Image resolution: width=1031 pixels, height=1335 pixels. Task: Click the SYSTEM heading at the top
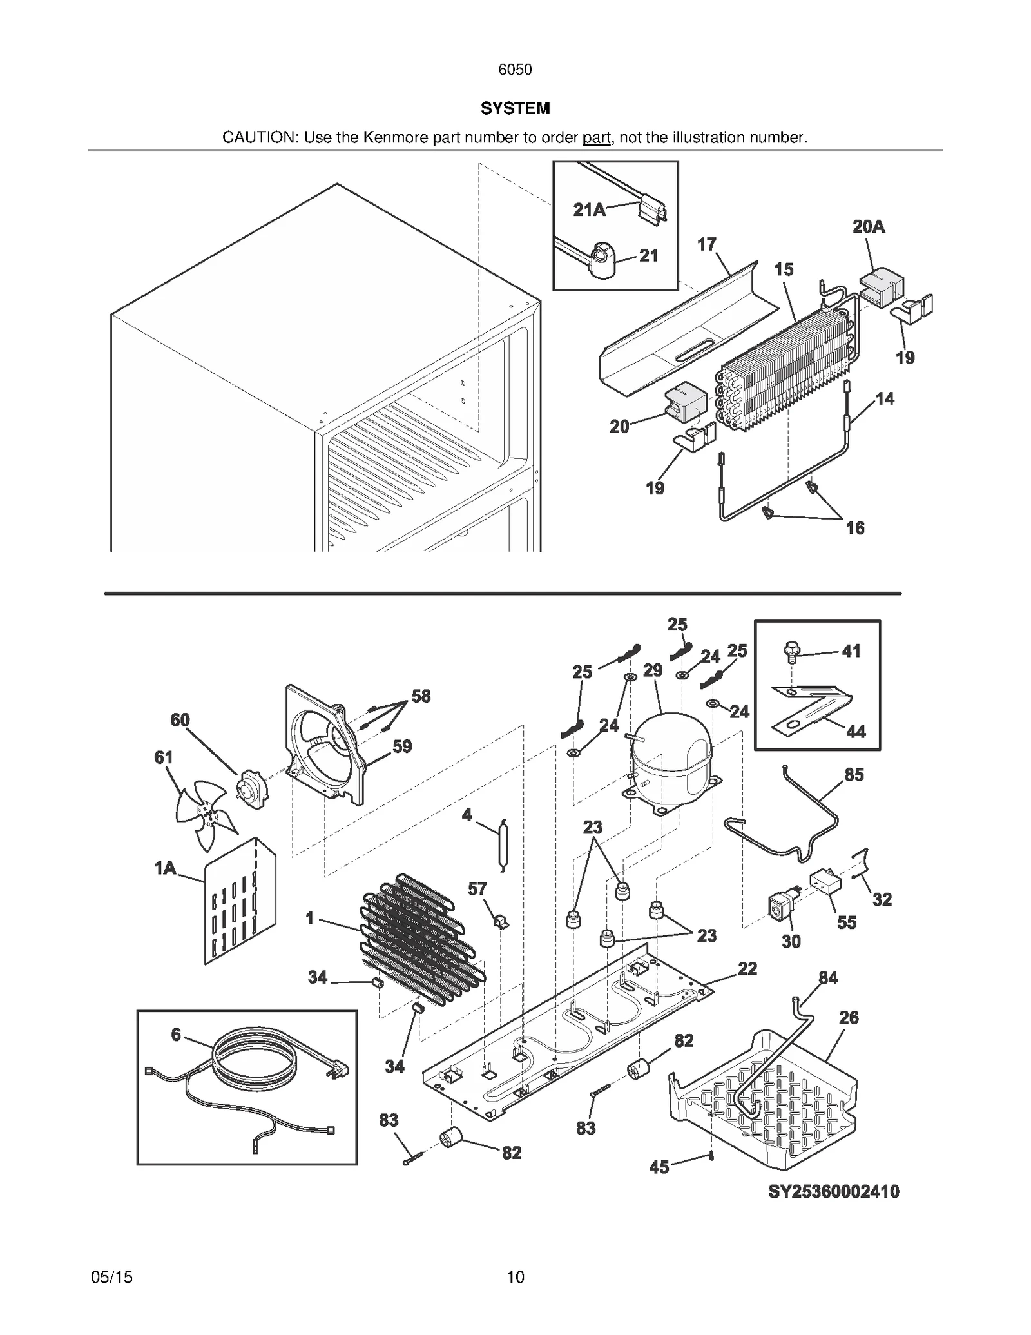point(515,108)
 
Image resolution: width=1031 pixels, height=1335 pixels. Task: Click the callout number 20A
point(868,227)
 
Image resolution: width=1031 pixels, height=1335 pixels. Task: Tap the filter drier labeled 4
point(503,844)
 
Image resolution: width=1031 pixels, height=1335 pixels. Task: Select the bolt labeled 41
point(791,652)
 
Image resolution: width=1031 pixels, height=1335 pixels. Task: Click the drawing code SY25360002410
point(833,1191)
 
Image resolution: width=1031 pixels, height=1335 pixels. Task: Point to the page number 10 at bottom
point(515,1276)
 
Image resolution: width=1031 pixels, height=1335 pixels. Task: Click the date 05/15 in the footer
point(112,1276)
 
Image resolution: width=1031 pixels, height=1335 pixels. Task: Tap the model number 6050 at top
point(515,70)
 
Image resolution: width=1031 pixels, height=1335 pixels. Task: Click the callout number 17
point(706,244)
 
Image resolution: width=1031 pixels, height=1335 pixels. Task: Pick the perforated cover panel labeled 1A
point(240,899)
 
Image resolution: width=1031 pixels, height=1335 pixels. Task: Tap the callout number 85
point(854,774)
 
